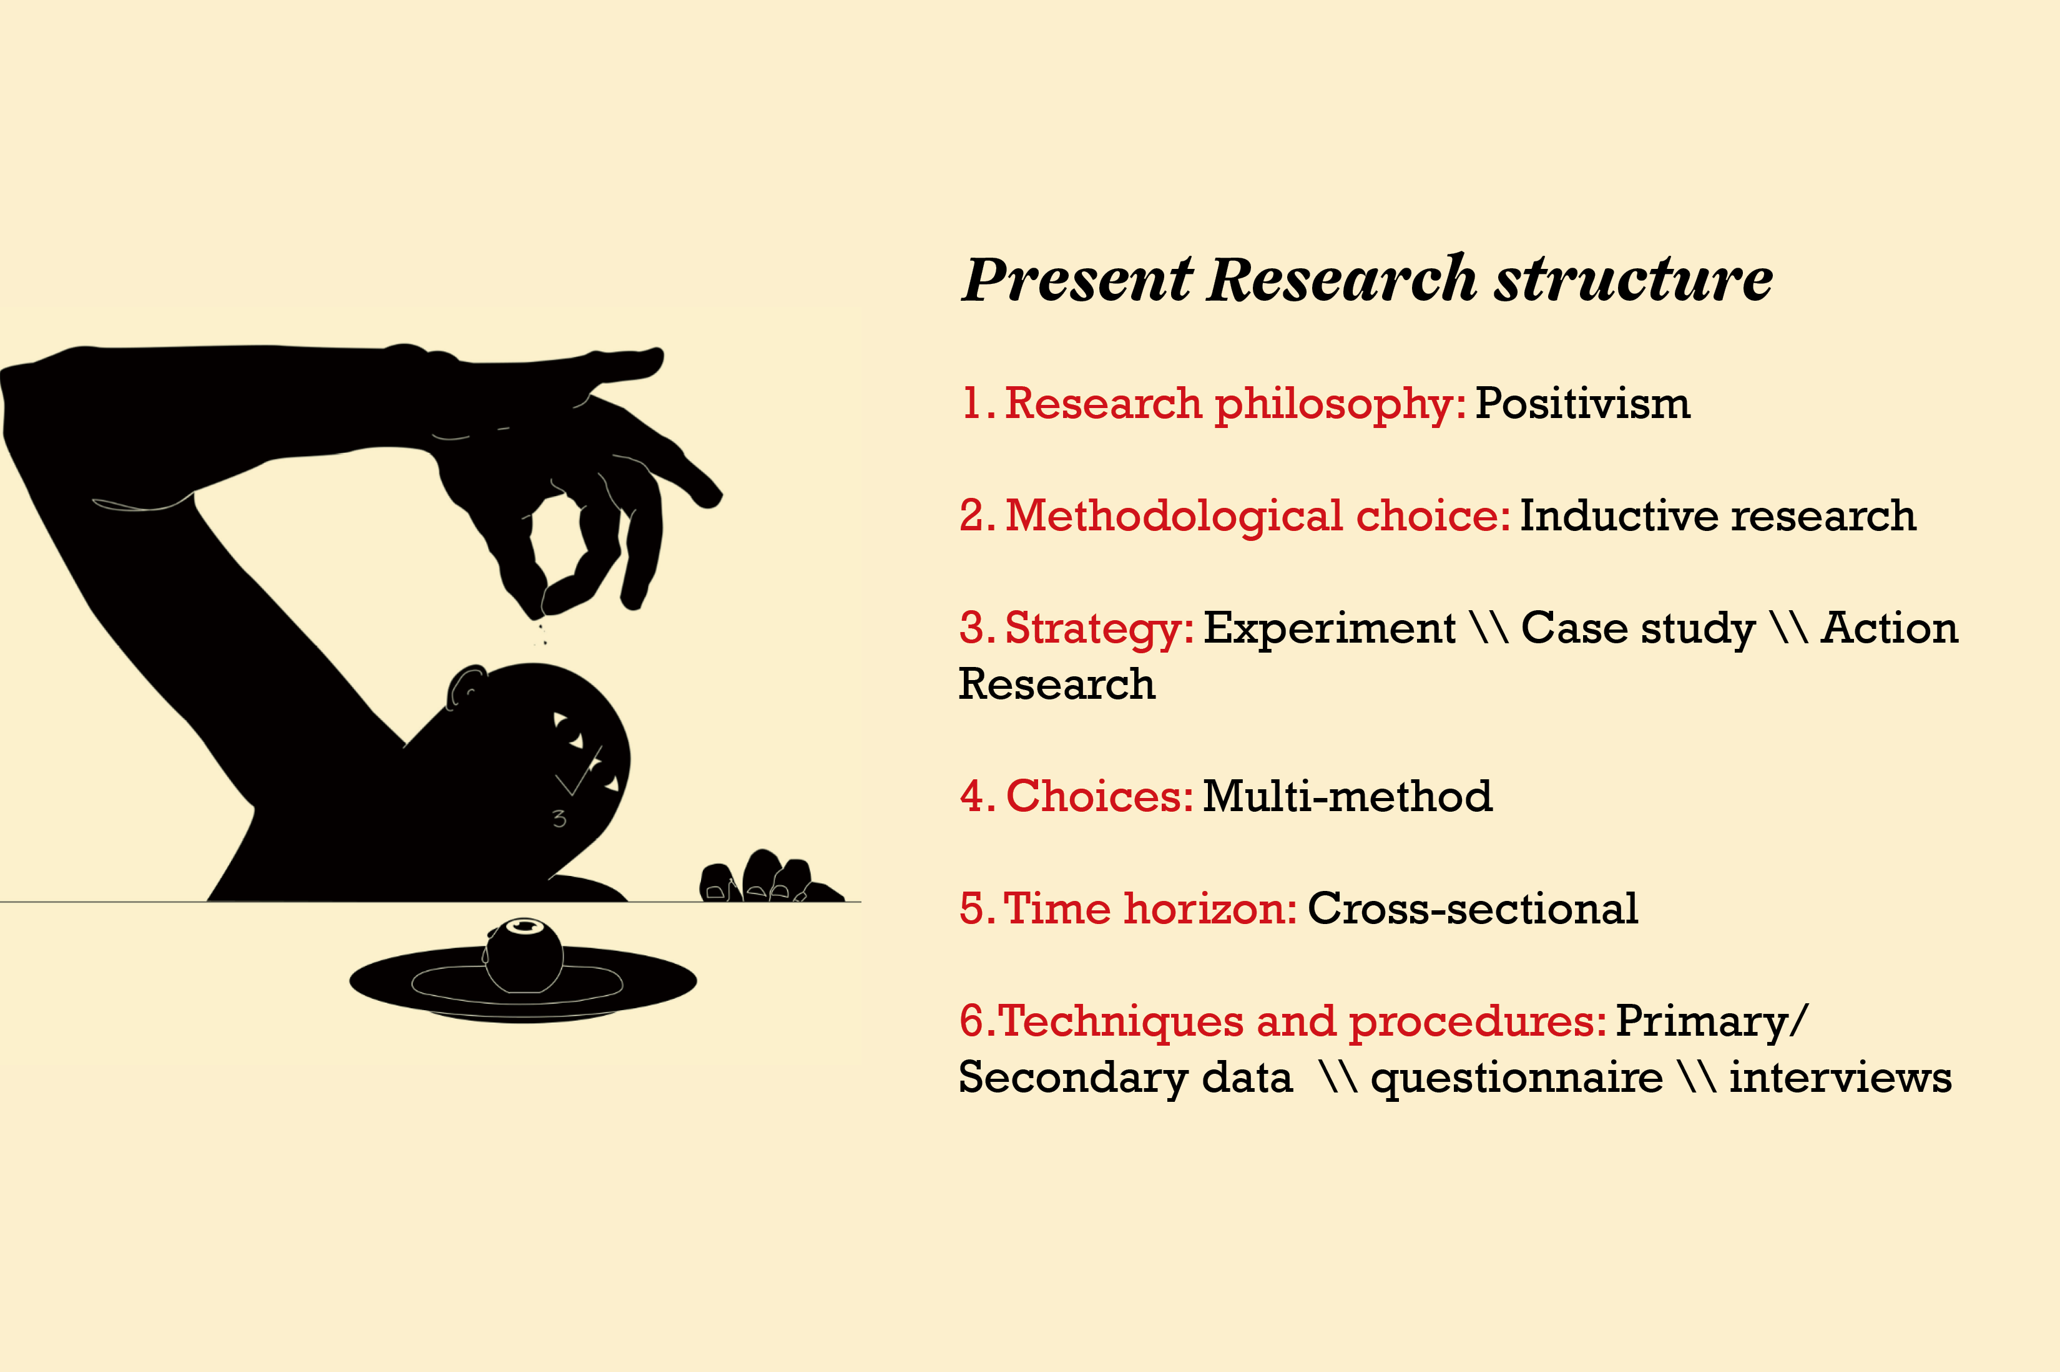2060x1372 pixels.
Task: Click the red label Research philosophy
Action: tap(1234, 405)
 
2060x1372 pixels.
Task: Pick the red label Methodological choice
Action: tap(1257, 515)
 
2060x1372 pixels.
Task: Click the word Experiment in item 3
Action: tap(1329, 629)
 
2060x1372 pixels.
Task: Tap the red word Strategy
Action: tap(1099, 629)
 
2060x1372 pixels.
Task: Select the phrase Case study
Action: tap(1638, 629)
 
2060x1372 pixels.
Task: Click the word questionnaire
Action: tap(1516, 1078)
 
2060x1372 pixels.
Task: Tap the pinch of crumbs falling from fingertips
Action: tap(542, 633)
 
